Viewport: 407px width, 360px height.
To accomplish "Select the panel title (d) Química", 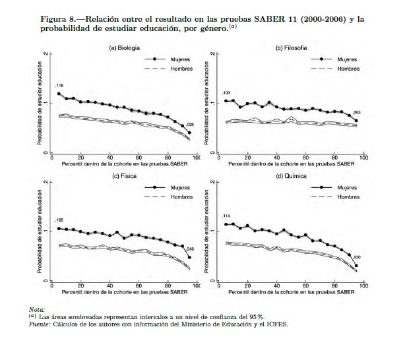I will tap(290, 177).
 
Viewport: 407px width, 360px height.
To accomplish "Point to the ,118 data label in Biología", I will tap(59, 86).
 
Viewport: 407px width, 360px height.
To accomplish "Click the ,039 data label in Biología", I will tap(191, 125).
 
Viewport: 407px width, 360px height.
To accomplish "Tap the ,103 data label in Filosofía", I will tap(226, 93).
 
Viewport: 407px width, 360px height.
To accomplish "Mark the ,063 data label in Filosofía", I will tap(357, 113).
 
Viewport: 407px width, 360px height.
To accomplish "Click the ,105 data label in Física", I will tap(59, 220).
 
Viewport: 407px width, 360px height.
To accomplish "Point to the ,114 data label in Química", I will tap(226, 216).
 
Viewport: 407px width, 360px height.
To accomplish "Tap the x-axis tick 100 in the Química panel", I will tap(363, 286).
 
